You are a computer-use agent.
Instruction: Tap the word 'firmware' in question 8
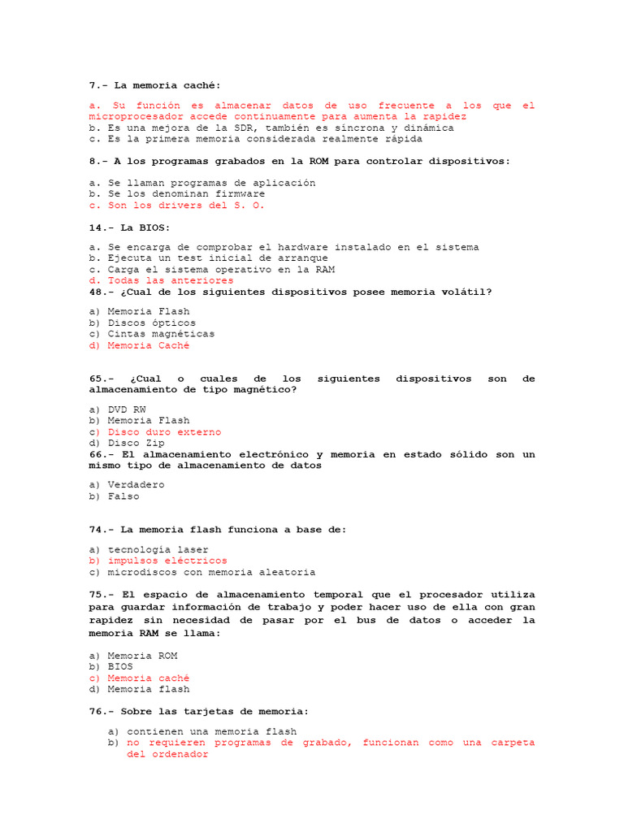coord(240,194)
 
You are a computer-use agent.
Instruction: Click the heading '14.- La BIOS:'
coord(130,227)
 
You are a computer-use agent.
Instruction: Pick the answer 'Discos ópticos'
coord(151,323)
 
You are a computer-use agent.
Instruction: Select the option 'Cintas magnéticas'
coord(161,334)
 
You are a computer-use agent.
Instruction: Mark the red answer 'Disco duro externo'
coord(164,432)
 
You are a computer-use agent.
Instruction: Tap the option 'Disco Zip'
coord(136,444)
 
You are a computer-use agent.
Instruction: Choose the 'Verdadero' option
coord(136,485)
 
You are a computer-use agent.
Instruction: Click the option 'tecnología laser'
coord(158,550)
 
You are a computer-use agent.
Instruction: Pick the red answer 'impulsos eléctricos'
coord(167,561)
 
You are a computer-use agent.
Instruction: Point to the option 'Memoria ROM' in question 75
coord(142,656)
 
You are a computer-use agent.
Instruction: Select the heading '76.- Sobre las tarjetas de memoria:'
coord(195,712)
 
